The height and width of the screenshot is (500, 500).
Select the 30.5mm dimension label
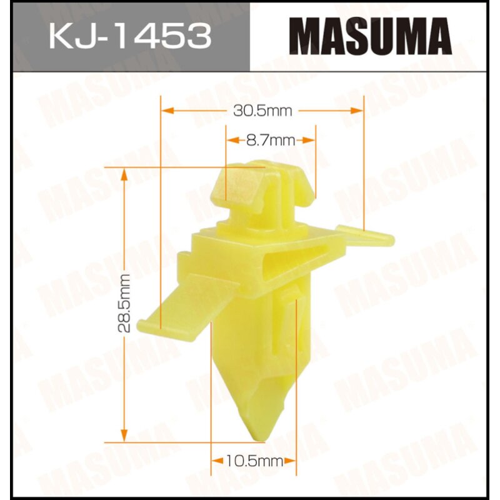click(x=262, y=111)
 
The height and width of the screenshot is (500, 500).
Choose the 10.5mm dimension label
click(x=248, y=462)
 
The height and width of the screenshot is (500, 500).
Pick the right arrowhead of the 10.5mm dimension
click(x=291, y=462)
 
